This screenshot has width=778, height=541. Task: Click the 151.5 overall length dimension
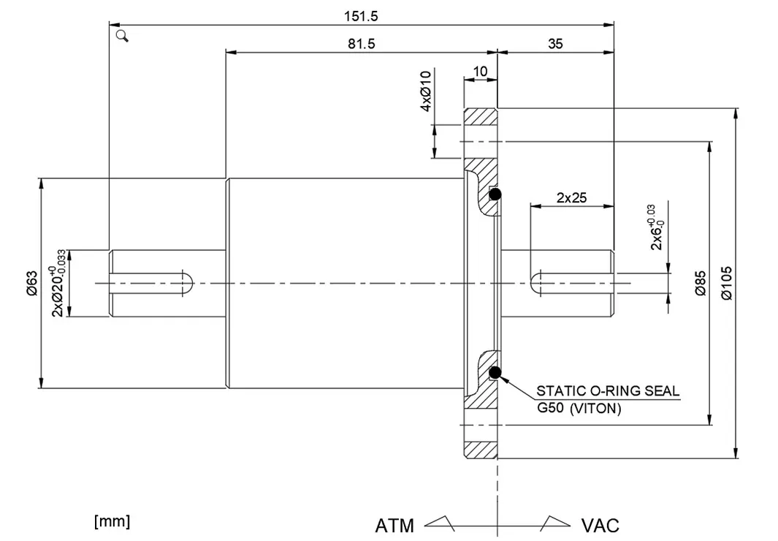pyautogui.click(x=361, y=15)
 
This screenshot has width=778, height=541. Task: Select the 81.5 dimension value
pyautogui.click(x=361, y=44)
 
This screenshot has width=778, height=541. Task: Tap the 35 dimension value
pyautogui.click(x=555, y=44)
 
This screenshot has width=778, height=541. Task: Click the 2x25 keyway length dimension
pyautogui.click(x=572, y=197)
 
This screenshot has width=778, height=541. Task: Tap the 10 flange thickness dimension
pyautogui.click(x=480, y=71)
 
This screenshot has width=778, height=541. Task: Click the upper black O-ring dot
pyautogui.click(x=495, y=194)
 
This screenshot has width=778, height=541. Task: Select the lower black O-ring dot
pyautogui.click(x=495, y=373)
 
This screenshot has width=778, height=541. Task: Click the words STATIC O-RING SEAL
pyautogui.click(x=608, y=390)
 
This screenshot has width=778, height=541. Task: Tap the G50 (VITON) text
pyautogui.click(x=579, y=409)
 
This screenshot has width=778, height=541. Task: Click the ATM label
pyautogui.click(x=394, y=525)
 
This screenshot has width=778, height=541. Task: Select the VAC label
pyautogui.click(x=600, y=525)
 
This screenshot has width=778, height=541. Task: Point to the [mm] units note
pyautogui.click(x=112, y=521)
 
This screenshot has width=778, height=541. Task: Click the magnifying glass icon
pyautogui.click(x=122, y=36)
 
